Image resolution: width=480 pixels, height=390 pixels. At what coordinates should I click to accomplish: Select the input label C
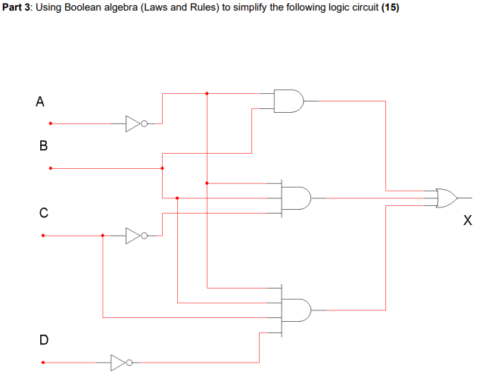click(43, 214)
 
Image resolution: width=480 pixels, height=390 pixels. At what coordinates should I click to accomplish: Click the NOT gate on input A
click(134, 123)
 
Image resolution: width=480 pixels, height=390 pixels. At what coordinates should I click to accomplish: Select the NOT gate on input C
click(134, 236)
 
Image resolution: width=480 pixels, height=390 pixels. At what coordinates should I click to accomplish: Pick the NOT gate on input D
click(120, 363)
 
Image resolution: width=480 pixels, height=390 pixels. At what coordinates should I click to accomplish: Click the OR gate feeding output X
click(447, 198)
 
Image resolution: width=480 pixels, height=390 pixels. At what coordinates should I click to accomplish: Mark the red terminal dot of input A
click(51, 123)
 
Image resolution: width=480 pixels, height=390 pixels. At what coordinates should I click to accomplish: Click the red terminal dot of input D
click(43, 363)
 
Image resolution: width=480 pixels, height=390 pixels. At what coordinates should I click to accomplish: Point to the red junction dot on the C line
click(103, 236)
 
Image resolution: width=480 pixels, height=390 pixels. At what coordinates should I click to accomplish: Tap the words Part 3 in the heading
click(16, 8)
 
